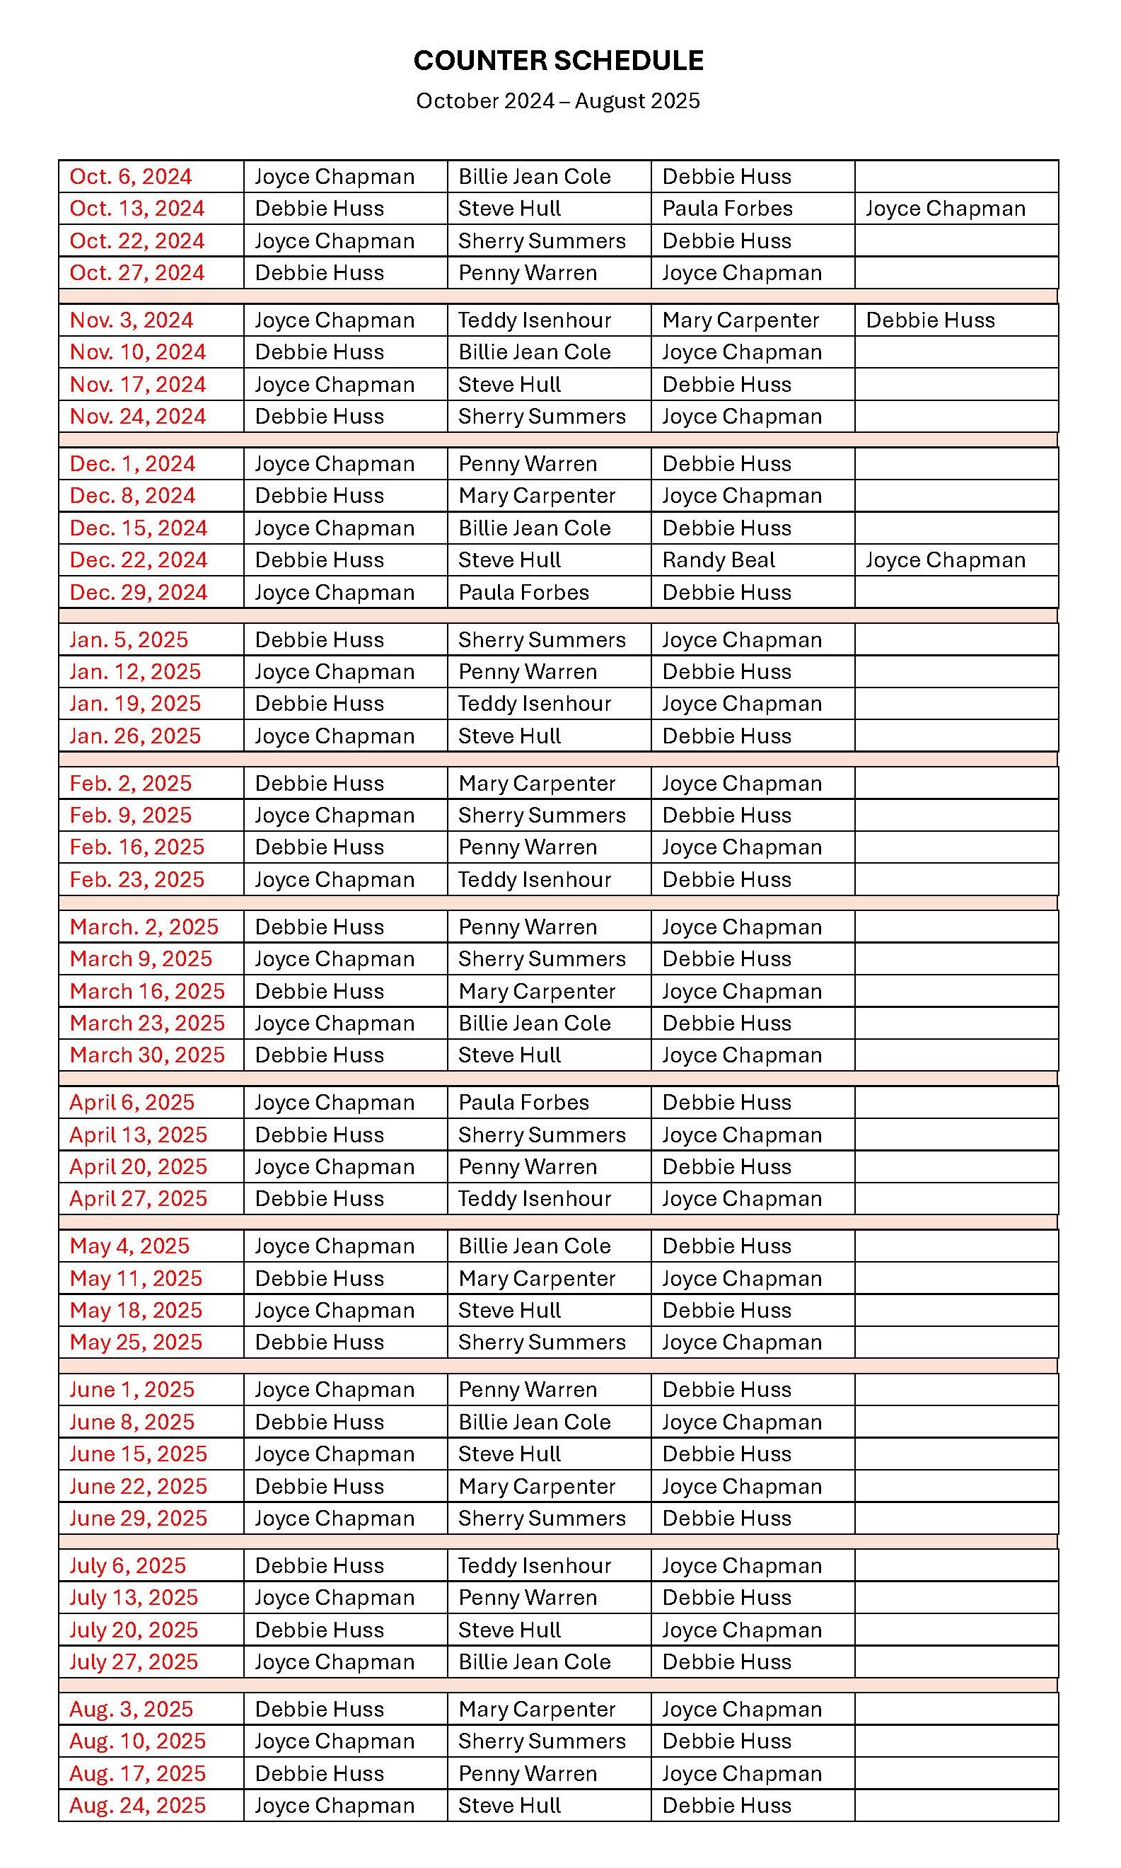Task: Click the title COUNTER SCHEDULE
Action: tap(558, 60)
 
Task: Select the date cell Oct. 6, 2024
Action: tap(131, 176)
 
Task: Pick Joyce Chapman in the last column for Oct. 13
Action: tap(945, 209)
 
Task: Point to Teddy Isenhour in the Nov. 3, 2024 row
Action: tap(534, 320)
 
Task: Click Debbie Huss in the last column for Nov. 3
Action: tap(930, 320)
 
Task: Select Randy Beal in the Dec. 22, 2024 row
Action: tap(719, 559)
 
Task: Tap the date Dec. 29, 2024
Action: tap(138, 592)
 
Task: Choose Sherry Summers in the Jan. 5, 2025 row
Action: tap(542, 640)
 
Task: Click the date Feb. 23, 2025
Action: tap(137, 879)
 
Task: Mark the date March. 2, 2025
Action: tap(144, 927)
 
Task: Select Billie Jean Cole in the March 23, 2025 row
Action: tap(534, 1023)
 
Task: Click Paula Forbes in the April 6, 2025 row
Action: tap(523, 1102)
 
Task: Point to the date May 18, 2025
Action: tap(136, 1310)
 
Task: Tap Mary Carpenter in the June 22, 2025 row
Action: tap(536, 1486)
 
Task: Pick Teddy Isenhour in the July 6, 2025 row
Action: tap(534, 1566)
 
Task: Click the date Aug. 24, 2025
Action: tap(137, 1805)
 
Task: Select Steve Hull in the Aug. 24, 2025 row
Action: tap(509, 1805)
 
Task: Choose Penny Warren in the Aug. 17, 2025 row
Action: tap(528, 1774)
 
